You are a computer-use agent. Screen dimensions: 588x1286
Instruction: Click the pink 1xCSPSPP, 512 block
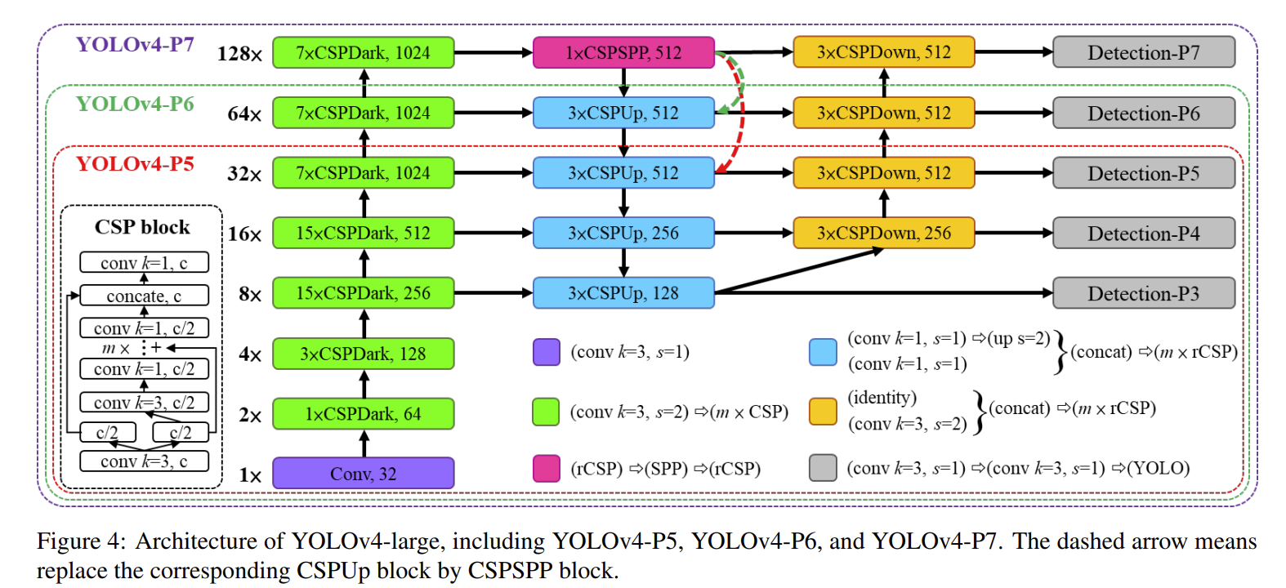(x=623, y=53)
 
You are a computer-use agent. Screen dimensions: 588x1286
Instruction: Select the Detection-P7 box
(x=1143, y=53)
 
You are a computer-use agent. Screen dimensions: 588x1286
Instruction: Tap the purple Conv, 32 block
(x=363, y=474)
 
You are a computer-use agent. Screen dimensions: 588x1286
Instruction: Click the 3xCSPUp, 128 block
(x=623, y=293)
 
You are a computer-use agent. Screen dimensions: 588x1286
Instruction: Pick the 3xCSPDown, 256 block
(x=883, y=234)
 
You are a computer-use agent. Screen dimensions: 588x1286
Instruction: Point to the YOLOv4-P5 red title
(x=135, y=164)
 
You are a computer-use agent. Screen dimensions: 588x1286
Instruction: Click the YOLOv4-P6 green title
(x=135, y=105)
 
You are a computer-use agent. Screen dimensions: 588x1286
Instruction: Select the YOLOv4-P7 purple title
(x=135, y=44)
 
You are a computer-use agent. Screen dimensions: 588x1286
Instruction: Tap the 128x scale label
(x=239, y=54)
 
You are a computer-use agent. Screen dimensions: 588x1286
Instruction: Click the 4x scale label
(x=250, y=354)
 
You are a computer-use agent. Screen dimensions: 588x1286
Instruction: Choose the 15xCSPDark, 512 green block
(x=363, y=234)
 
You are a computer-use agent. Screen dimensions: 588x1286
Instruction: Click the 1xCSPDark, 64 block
(x=363, y=414)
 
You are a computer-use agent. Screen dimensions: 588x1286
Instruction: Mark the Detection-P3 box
(x=1143, y=293)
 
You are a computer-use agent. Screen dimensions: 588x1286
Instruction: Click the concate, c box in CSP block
(x=144, y=296)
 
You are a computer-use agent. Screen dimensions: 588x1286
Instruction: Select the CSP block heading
(x=142, y=227)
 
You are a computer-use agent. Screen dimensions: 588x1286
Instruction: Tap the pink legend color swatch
(x=546, y=468)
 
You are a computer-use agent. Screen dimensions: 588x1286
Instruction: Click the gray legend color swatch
(x=823, y=468)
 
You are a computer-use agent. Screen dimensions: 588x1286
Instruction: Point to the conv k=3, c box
(x=144, y=461)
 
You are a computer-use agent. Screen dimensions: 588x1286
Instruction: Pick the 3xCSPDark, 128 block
(x=363, y=354)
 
